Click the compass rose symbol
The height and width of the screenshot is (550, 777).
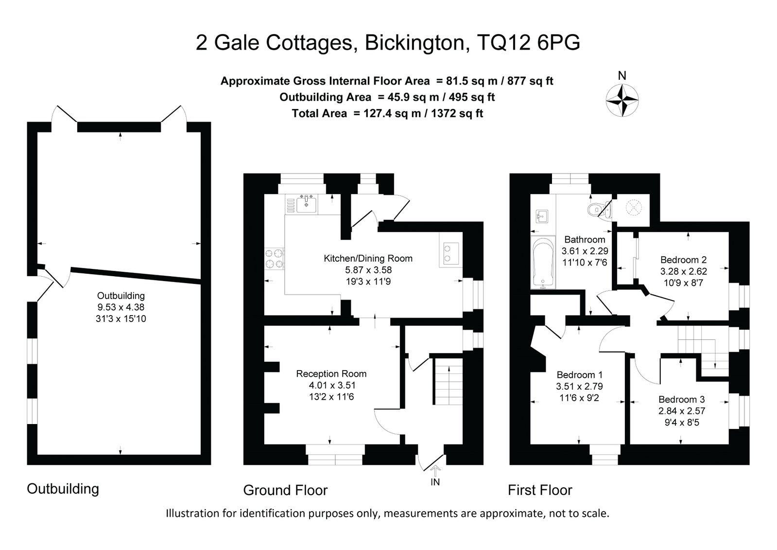point(622,100)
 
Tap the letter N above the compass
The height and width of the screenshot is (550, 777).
point(622,75)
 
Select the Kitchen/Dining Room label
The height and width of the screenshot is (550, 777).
point(368,258)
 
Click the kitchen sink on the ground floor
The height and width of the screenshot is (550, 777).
point(306,204)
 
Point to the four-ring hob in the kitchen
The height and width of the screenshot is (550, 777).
point(275,259)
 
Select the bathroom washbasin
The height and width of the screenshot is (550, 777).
point(541,216)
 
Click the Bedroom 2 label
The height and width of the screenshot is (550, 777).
point(683,260)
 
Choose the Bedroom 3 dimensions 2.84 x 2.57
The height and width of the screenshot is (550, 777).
point(682,411)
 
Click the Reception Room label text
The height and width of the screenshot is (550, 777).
point(331,373)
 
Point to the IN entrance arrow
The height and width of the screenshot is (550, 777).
point(435,472)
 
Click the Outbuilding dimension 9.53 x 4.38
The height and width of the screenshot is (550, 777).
point(121,307)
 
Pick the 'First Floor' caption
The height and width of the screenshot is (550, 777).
point(540,490)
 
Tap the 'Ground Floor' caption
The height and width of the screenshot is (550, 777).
point(285,490)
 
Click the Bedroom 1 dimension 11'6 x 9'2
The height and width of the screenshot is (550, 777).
point(579,398)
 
